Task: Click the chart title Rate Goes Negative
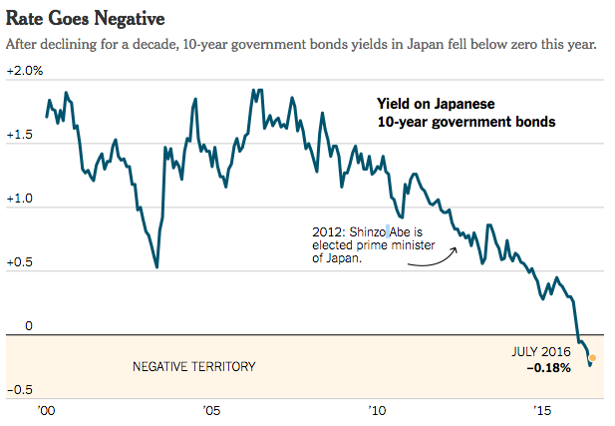86,18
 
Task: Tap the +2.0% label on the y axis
25,71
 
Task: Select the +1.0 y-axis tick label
21,200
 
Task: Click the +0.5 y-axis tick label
21,263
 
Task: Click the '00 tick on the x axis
46,411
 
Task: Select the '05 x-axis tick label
211,411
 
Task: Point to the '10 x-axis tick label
377,411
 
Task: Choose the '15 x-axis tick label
542,411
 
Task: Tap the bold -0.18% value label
548,368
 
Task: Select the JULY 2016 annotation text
540,352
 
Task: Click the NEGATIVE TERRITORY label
193,366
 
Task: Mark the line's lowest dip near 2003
156,267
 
